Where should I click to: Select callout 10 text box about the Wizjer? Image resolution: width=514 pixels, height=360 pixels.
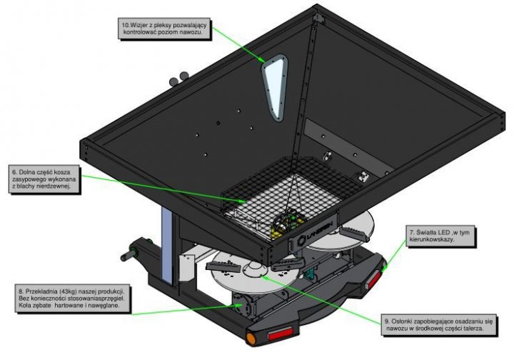click(165, 29)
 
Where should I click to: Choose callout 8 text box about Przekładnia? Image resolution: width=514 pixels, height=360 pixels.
click(71, 299)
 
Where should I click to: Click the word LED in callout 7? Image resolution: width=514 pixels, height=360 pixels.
click(443, 232)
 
